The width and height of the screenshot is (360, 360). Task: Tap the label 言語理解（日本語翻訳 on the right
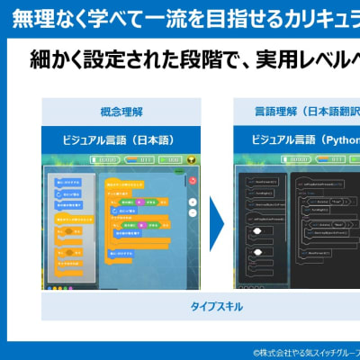[296, 112]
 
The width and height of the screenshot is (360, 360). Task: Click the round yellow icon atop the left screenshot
[189, 158]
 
